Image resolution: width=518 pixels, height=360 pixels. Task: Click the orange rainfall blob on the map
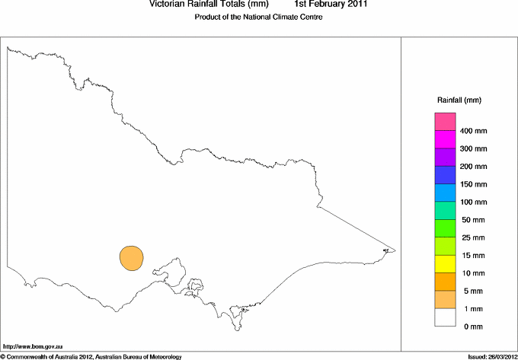click(x=131, y=257)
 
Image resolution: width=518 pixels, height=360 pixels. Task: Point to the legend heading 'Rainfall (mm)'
click(x=459, y=100)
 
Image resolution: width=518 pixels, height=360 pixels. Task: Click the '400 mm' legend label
click(x=473, y=131)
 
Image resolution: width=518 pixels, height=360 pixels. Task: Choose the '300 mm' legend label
click(x=473, y=148)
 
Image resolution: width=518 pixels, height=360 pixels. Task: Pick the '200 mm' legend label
click(x=473, y=167)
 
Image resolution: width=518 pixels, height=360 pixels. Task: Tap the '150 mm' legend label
click(x=473, y=184)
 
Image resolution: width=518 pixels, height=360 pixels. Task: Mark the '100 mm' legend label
click(x=473, y=202)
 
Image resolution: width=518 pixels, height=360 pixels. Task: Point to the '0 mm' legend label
click(x=473, y=327)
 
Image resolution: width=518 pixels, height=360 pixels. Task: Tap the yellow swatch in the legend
click(x=445, y=264)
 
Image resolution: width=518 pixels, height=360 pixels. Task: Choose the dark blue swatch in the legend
click(x=445, y=175)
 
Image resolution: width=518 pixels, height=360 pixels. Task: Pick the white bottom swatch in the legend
click(x=445, y=317)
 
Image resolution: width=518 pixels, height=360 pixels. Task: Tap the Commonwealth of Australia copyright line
click(x=91, y=355)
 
